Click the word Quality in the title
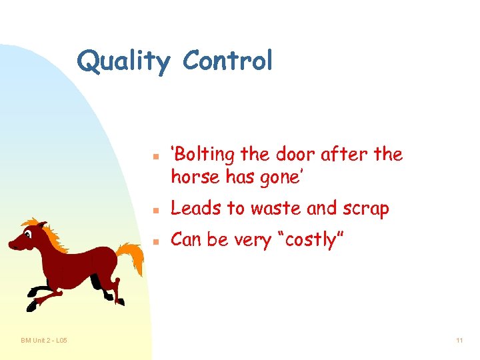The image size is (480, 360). (123, 61)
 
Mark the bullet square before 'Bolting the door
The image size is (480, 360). (153, 157)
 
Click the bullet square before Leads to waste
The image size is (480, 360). (153, 210)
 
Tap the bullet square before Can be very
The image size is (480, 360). (153, 241)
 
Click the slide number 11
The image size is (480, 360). (459, 341)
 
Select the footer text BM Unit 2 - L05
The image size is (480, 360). (43, 341)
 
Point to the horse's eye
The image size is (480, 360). (29, 233)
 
